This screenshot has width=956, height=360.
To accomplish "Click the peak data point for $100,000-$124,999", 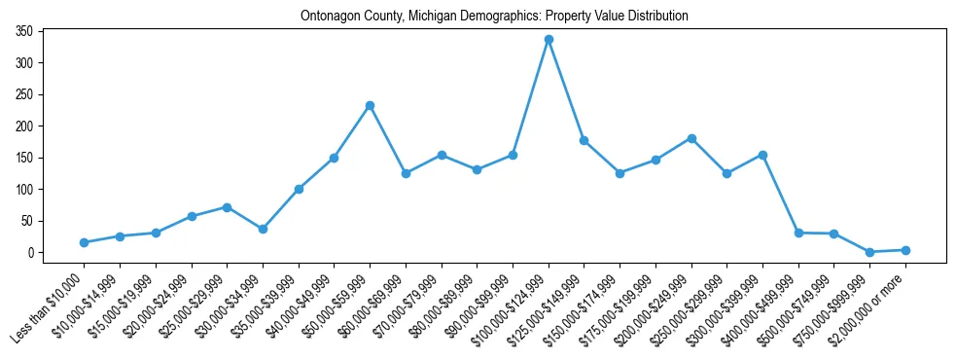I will click(549, 40).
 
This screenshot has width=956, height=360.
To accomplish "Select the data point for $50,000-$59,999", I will click(370, 105).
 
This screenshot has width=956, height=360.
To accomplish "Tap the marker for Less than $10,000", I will click(84, 242).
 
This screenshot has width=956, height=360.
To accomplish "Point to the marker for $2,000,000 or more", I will click(905, 250).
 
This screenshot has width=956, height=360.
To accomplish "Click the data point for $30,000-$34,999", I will click(263, 229).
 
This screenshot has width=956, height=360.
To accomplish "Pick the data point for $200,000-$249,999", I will click(691, 138).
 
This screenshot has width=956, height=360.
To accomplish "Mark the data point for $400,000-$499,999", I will click(798, 233).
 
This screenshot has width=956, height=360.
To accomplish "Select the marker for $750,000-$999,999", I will click(870, 252).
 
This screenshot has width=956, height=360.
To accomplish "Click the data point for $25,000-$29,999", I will click(227, 207).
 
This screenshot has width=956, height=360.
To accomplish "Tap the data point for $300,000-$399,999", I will click(763, 155).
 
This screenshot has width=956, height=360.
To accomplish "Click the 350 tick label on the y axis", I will click(24, 32).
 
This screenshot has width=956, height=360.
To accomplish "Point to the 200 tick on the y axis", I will click(24, 126).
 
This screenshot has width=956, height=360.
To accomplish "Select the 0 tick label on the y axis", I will click(31, 253).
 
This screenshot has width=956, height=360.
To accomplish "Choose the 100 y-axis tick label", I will click(24, 190).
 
